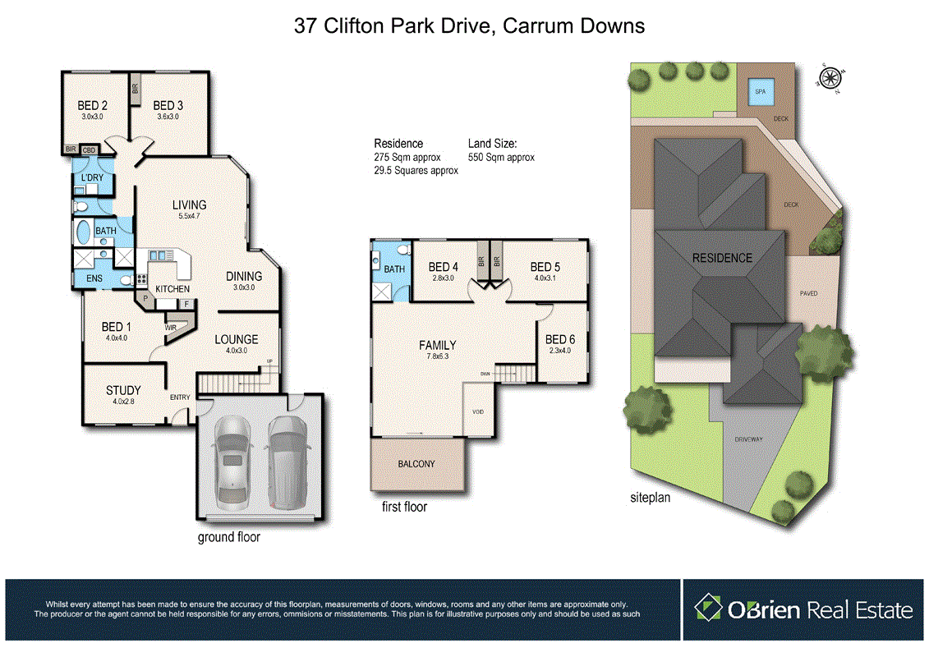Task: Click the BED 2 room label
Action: (x=93, y=105)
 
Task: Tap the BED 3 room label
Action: (x=168, y=105)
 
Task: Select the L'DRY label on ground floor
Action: (x=91, y=178)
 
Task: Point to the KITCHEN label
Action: (x=172, y=289)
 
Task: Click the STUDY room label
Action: (x=123, y=390)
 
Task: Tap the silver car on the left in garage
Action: (x=231, y=462)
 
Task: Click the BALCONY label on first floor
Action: (x=416, y=464)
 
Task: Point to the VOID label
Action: (x=478, y=411)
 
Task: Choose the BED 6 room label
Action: (x=560, y=339)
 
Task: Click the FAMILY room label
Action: (x=437, y=346)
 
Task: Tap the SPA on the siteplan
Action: (x=760, y=92)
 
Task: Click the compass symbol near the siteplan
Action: (x=830, y=79)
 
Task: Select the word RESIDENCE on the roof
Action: (x=722, y=258)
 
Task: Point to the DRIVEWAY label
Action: (x=748, y=439)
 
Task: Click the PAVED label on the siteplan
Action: (x=808, y=293)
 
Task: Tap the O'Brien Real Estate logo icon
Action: (x=708, y=609)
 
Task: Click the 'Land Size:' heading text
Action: (x=492, y=143)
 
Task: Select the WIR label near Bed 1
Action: (x=171, y=327)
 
